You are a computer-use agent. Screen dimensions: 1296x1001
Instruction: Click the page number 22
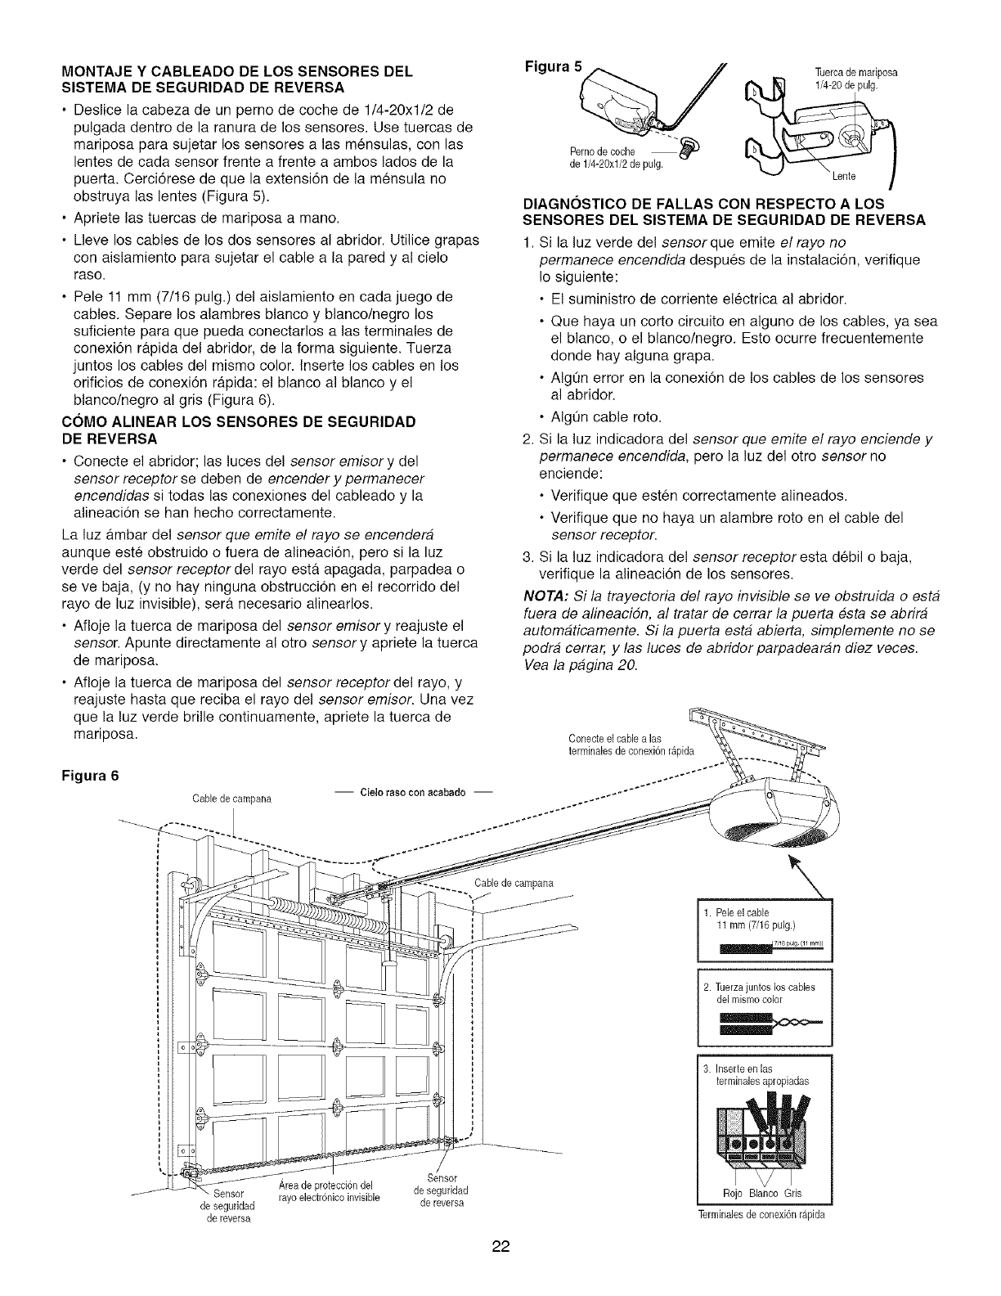tap(500, 1247)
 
